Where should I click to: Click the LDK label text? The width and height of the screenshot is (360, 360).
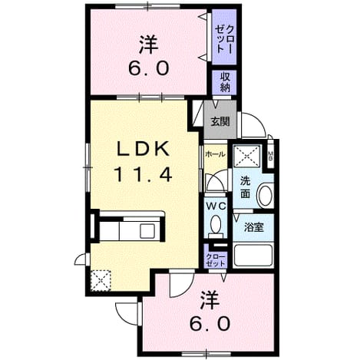[143, 149]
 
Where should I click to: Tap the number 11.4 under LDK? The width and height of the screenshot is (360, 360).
[144, 174]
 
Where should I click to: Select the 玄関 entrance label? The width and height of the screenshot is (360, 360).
[220, 122]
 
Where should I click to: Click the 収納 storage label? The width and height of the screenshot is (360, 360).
[225, 82]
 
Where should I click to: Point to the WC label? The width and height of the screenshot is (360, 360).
[216, 206]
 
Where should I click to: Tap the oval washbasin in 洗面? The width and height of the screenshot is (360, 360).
[265, 196]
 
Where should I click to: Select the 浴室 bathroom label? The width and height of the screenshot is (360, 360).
[254, 227]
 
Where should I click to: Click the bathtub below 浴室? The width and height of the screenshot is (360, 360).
[253, 255]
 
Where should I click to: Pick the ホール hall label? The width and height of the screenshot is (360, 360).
[216, 154]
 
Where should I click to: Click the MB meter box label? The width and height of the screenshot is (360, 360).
[270, 155]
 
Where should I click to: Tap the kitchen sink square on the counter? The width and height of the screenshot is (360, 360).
[147, 231]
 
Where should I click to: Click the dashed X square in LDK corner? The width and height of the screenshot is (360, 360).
[101, 280]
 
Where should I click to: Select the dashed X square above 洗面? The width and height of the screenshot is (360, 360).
[247, 156]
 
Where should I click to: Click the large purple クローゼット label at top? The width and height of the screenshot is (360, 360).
[224, 39]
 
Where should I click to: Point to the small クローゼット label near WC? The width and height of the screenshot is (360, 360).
[216, 260]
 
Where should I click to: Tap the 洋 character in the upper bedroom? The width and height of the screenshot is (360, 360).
[148, 45]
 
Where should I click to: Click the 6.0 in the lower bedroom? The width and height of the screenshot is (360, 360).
[210, 323]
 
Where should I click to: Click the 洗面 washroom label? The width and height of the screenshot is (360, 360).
[245, 187]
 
